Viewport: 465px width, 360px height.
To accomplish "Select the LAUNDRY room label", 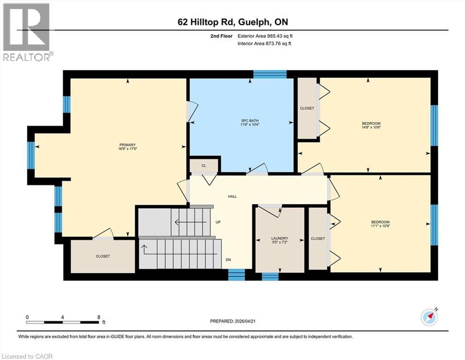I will [x=279, y=238].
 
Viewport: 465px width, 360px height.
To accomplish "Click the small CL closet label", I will [x=204, y=165].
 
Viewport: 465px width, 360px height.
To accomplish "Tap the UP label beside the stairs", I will [x=218, y=222].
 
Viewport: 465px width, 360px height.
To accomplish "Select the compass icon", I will [x=429, y=317].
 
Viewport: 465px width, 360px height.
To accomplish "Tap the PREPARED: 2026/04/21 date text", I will [x=233, y=321].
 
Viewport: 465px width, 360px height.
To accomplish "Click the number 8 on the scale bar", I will [x=99, y=317].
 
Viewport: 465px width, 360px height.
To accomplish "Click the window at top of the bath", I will [x=270, y=74].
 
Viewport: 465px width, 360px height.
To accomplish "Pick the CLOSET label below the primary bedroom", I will [x=103, y=256].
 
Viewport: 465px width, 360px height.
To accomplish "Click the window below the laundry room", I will [x=270, y=276].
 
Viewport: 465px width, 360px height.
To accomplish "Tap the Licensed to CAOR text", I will [x=27, y=356].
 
